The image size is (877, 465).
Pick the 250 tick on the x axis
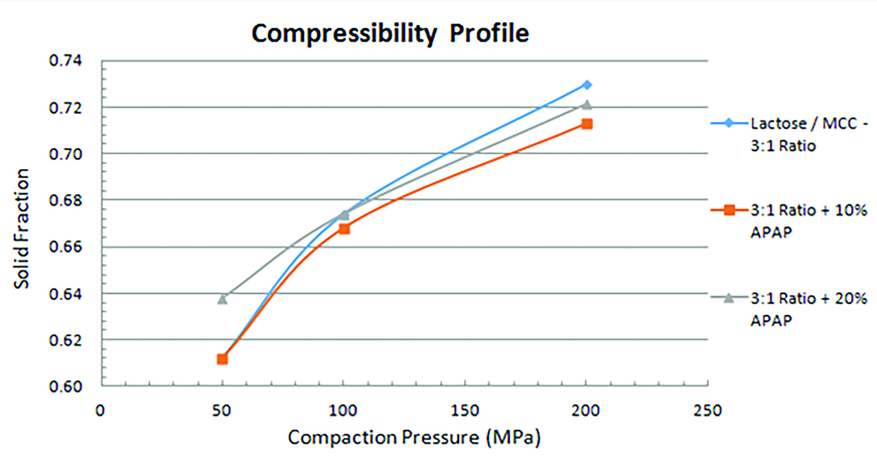[708, 411]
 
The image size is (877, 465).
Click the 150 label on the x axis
[464, 411]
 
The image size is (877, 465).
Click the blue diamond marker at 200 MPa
[587, 85]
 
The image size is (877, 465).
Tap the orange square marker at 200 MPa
[587, 124]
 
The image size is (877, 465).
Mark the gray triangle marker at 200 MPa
[587, 105]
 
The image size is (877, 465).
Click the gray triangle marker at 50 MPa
[222, 299]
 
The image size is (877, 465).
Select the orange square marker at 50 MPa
[222, 359]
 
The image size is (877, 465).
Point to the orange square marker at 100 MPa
[344, 228]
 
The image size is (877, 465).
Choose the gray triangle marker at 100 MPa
[344, 214]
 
